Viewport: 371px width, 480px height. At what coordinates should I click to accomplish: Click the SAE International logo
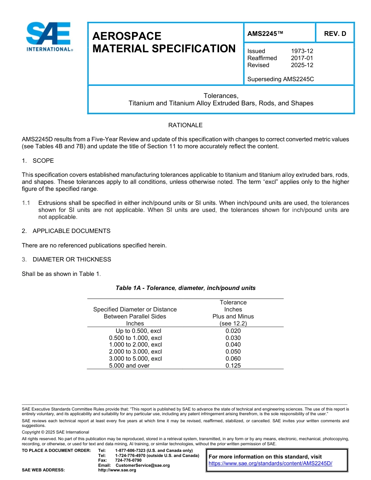coord(49,37)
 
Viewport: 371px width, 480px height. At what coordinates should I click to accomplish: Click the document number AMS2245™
coord(265,34)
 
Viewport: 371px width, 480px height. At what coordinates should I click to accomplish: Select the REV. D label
coord(335,34)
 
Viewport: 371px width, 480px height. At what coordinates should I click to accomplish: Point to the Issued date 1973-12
coord(302,51)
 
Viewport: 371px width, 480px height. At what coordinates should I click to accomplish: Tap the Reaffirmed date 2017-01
coord(302,58)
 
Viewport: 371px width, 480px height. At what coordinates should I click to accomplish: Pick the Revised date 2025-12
coord(302,65)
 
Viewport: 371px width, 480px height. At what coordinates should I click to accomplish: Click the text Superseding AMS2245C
coord(280,79)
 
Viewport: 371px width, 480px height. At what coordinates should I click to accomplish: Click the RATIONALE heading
coord(185,125)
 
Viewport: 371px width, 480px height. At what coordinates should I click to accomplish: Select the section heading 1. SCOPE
coord(38,161)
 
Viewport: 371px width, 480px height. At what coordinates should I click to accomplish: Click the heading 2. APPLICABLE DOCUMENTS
coord(66,231)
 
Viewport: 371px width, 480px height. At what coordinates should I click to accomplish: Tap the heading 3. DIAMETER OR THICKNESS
coord(66,260)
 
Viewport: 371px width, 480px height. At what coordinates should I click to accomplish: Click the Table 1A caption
coord(185,288)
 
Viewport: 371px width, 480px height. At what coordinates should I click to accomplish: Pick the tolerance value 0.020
coord(233,331)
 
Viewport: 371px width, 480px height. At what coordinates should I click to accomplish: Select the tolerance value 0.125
coord(233,366)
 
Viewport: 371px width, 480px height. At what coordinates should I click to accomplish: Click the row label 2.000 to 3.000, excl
coord(135,352)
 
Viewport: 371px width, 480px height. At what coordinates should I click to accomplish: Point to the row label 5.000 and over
coord(129,366)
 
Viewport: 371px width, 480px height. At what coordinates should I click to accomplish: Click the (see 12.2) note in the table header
coord(233,324)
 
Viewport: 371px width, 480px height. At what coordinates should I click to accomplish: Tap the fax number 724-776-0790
coord(128,460)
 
